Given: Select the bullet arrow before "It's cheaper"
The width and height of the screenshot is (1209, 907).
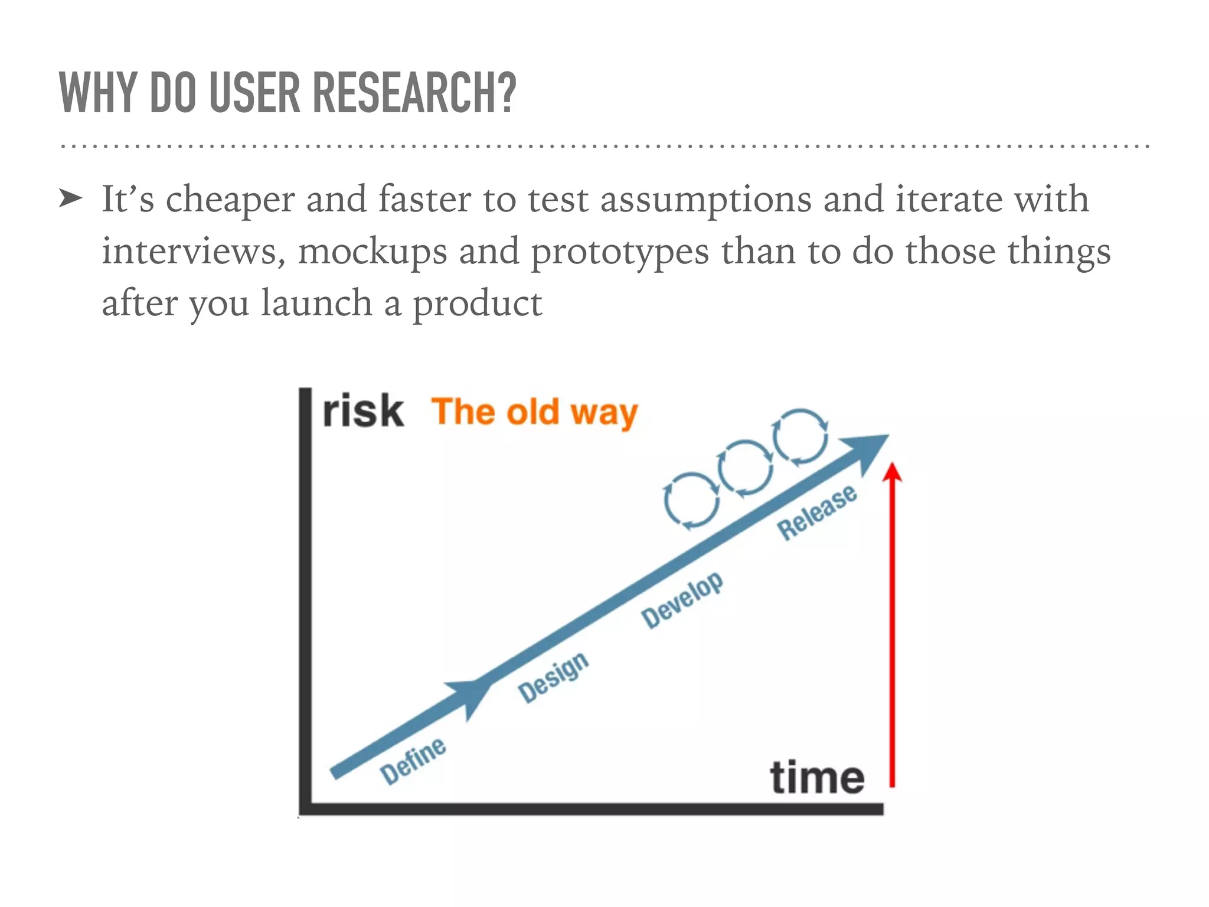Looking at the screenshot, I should coord(71,200).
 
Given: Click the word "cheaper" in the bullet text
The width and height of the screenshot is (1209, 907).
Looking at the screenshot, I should coord(230,200).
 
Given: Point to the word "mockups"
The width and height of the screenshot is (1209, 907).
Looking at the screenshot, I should coord(372,252).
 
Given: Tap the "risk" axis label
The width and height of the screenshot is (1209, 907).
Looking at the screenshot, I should coord(363,411).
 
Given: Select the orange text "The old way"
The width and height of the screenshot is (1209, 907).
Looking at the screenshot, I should coord(535,412).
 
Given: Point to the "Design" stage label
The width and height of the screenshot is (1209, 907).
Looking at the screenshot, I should coord(553,677).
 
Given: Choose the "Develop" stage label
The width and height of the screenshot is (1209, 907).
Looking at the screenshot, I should coord(682,599).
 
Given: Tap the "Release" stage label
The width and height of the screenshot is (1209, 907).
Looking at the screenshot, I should coord(817,512).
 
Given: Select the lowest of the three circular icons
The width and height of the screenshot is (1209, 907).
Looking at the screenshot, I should coord(691,500).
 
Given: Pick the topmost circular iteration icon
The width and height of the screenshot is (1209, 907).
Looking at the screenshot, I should coord(800,437).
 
